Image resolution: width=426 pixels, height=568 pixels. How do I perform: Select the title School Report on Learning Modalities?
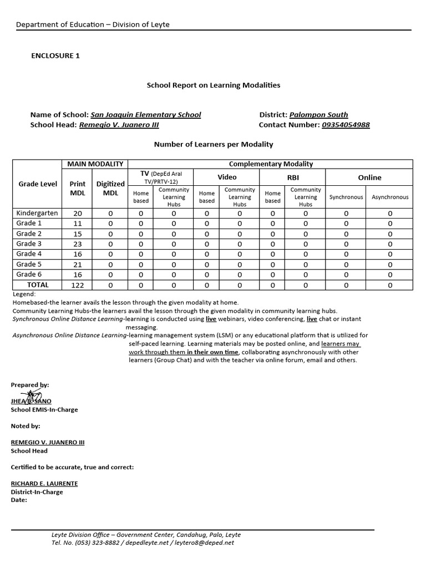tap(213, 85)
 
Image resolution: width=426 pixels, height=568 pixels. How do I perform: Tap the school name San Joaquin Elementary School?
tap(145, 115)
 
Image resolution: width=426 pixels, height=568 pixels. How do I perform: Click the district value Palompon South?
tap(318, 115)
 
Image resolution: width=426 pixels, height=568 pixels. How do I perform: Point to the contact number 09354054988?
tap(346, 125)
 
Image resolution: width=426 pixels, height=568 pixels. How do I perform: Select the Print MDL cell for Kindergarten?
tap(77, 213)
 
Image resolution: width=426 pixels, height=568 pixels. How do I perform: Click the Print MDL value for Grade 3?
tap(77, 244)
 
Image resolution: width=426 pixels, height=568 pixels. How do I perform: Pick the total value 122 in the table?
tap(77, 285)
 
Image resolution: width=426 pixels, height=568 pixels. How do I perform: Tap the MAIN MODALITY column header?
tap(94, 164)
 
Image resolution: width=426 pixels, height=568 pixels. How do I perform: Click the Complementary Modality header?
tap(271, 164)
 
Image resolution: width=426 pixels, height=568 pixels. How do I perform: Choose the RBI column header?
tap(293, 177)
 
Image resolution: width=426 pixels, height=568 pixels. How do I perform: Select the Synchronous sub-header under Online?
tap(346, 197)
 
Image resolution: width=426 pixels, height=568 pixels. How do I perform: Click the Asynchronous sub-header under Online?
tap(390, 197)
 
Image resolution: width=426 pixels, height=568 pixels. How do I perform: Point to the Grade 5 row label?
tap(29, 265)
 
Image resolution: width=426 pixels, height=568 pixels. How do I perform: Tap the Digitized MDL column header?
tap(110, 188)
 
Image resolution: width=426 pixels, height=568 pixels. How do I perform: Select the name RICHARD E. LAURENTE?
tap(44, 484)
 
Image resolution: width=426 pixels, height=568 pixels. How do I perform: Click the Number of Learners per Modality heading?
tap(213, 144)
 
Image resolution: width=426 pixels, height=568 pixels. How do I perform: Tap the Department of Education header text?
tap(93, 24)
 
